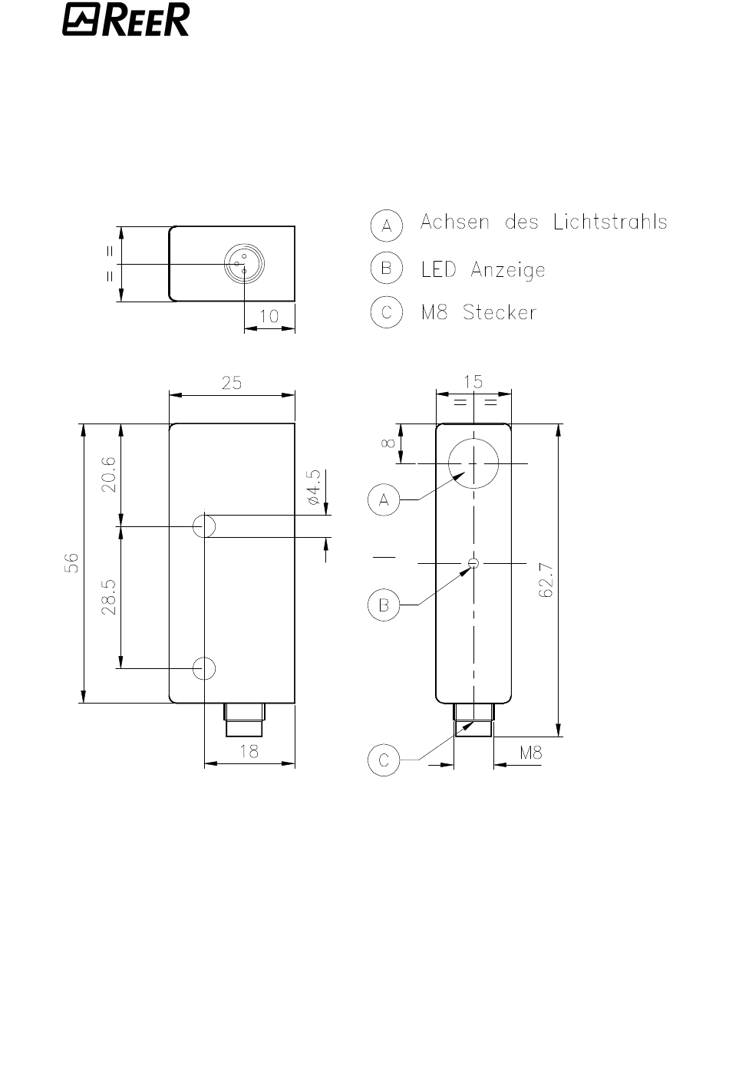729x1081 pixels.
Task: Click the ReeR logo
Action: pyautogui.click(x=126, y=19)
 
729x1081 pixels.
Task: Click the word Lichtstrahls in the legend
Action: pyautogui.click(x=610, y=222)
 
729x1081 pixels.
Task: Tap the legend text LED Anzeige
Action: pyautogui.click(x=483, y=270)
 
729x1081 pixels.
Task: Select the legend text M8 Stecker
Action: pyautogui.click(x=478, y=312)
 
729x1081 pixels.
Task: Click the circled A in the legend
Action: pyautogui.click(x=386, y=226)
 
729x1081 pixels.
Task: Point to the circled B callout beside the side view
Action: pyautogui.click(x=384, y=605)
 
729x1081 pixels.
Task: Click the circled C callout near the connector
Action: pyautogui.click(x=384, y=760)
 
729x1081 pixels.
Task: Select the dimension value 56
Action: pyautogui.click(x=71, y=563)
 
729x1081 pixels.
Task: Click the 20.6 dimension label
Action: pyautogui.click(x=109, y=474)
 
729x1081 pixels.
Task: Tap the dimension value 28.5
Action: pyautogui.click(x=109, y=597)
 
